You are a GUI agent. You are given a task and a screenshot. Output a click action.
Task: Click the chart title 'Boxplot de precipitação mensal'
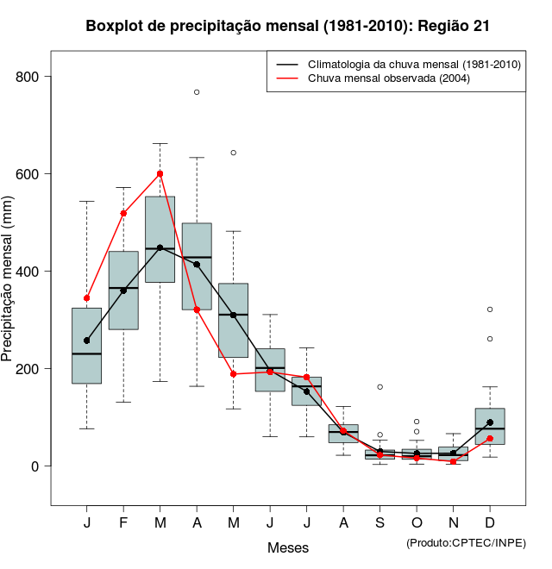pyautogui.click(x=288, y=26)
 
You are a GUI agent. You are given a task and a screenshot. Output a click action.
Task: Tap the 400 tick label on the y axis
pyautogui.click(x=29, y=272)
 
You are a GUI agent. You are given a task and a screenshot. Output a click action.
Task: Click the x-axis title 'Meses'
pyautogui.click(x=288, y=547)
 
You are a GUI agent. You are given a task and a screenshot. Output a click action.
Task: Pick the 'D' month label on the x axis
pyautogui.click(x=490, y=523)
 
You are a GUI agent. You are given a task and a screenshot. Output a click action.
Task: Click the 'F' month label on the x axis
pyautogui.click(x=123, y=523)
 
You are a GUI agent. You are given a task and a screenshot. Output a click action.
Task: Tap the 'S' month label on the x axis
pyautogui.click(x=379, y=523)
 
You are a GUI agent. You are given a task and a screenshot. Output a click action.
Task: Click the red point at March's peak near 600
pyautogui.click(x=160, y=173)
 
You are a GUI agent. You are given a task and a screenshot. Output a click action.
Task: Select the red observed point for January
pyautogui.click(x=86, y=298)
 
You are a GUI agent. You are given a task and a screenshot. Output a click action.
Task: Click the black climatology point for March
pyautogui.click(x=160, y=248)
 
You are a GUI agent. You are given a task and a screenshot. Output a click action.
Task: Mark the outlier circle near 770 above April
pyautogui.click(x=197, y=91)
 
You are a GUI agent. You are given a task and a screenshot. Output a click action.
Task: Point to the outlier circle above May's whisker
pyautogui.click(x=234, y=153)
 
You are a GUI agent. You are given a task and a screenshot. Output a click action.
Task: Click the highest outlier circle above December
pyautogui.click(x=490, y=309)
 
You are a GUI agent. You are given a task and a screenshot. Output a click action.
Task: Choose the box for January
pyautogui.click(x=86, y=345)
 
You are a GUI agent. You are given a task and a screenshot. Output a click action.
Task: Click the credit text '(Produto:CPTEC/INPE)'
pyautogui.click(x=466, y=542)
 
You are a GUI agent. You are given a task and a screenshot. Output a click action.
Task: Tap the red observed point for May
pyautogui.click(x=234, y=374)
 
